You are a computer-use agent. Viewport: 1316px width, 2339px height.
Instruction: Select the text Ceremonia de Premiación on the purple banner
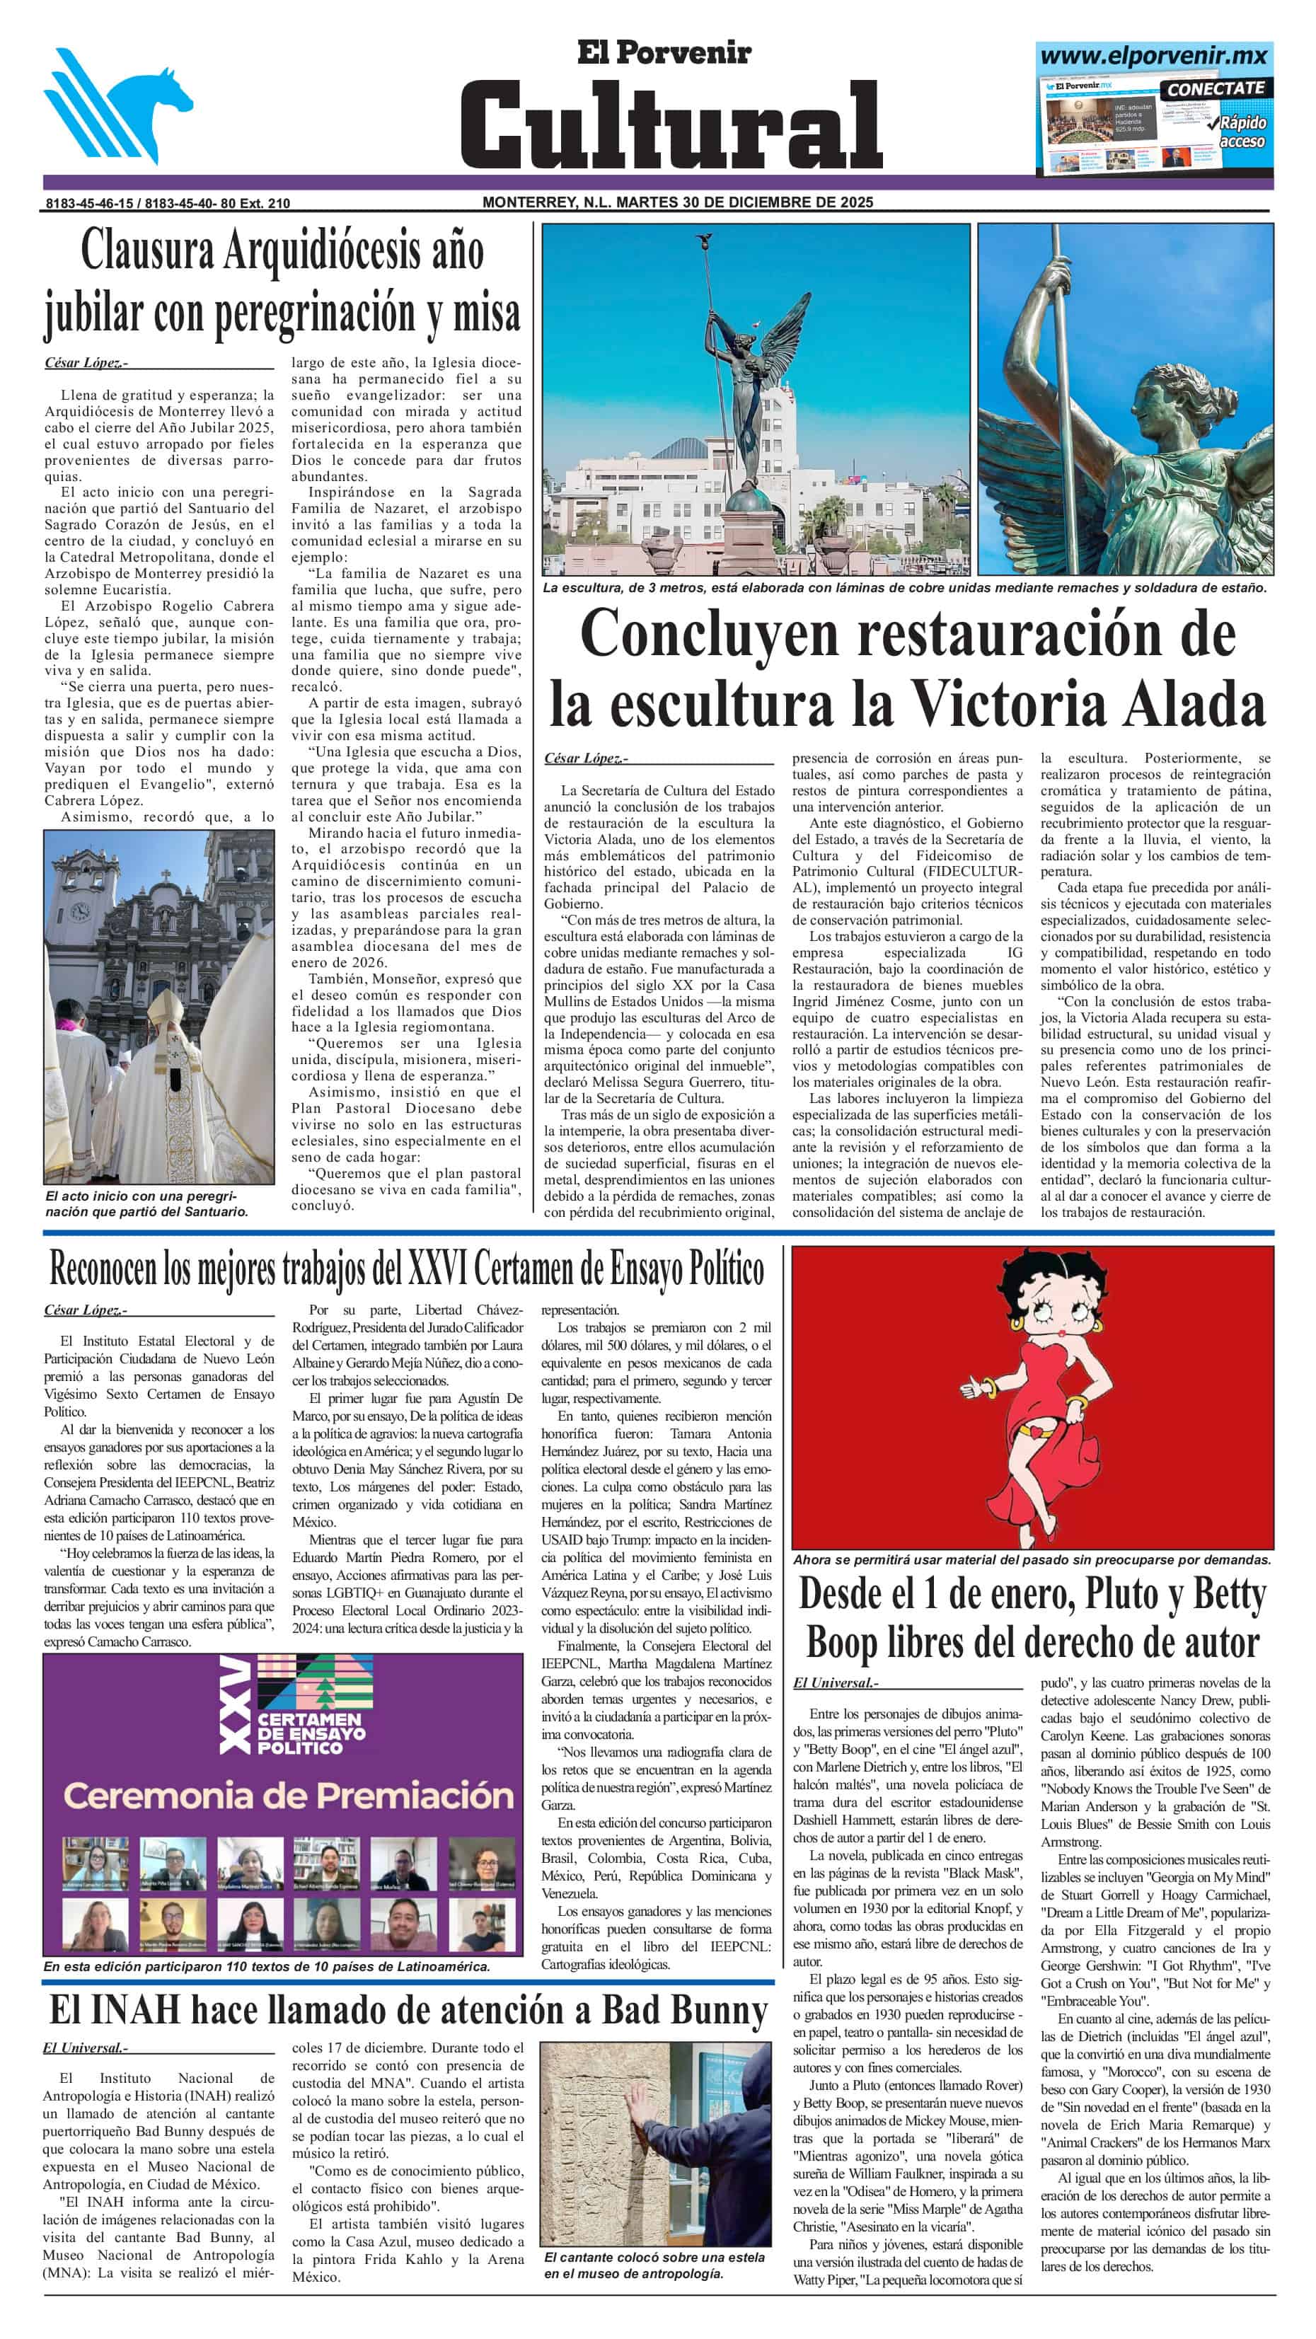coord(288,1795)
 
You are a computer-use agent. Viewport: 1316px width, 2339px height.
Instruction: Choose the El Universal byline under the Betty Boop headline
coord(833,1682)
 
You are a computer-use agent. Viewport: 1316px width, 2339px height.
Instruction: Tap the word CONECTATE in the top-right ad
coord(1214,89)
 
